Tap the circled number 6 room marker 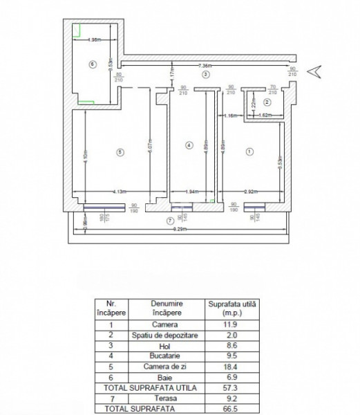coord(92,64)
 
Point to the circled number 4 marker coord(188,145)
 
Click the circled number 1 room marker coord(249,151)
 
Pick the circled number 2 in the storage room coord(267,102)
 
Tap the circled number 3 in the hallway coord(205,73)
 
